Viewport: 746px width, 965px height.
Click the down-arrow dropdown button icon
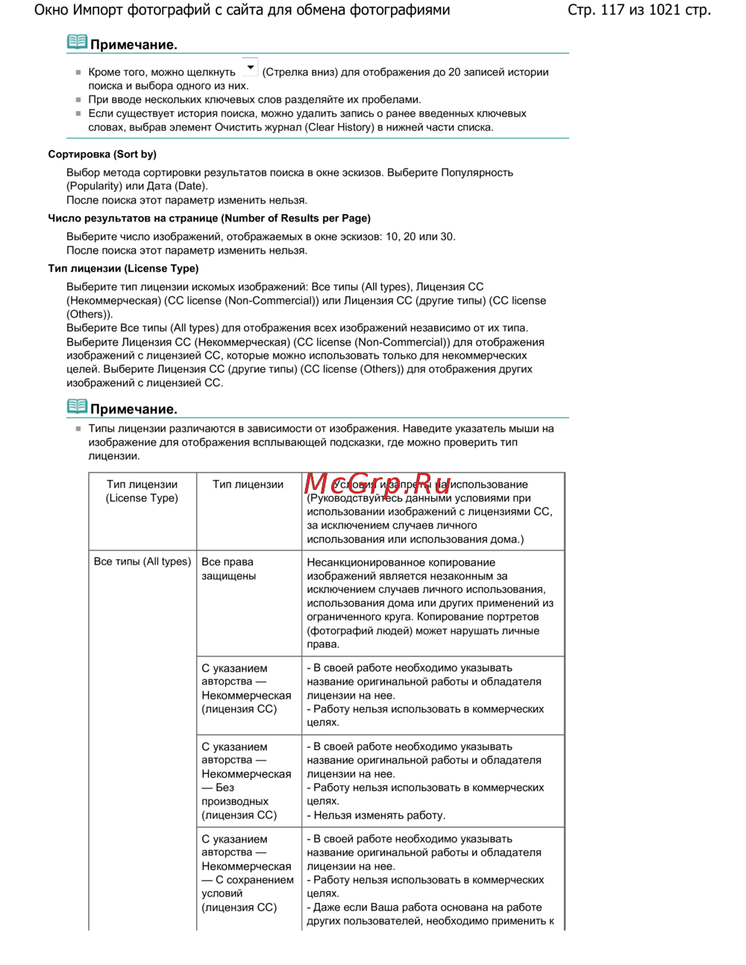point(250,68)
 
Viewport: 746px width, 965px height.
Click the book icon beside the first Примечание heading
point(77,43)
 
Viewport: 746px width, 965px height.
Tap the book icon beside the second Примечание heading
point(77,407)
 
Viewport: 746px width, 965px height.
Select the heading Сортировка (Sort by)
point(102,154)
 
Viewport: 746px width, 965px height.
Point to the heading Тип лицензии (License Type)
point(123,268)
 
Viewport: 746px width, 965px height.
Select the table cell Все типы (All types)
point(142,562)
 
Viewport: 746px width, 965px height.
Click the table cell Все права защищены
point(228,569)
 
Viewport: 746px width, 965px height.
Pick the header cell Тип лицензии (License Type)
point(142,491)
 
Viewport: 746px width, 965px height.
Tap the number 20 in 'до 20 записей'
point(454,72)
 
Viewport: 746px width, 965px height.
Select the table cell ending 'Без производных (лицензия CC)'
point(246,781)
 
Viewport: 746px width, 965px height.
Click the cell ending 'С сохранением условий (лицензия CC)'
point(246,873)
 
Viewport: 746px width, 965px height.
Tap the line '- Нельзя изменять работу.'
point(376,815)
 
